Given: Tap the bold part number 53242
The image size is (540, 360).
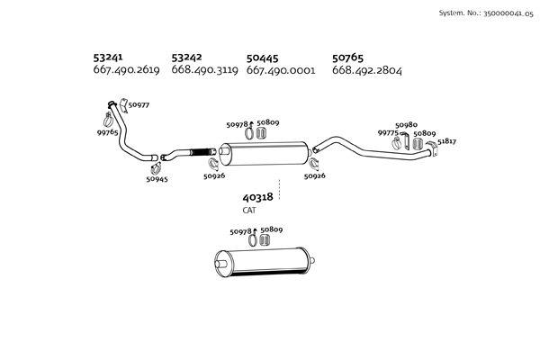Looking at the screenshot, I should pos(188,57).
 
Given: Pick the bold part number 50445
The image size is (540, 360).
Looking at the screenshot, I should pos(264,57).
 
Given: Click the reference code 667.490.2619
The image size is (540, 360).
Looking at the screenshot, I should pos(128,70).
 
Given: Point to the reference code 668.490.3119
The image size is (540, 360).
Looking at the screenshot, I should pos(203,70).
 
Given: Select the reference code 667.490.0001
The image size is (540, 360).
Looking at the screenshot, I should pos(280,70).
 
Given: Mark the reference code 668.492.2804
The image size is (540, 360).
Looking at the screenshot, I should pos(367,70).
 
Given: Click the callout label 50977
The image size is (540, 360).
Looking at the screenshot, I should pos(139,105).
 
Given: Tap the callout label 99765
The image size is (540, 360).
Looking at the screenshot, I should pos(108,132).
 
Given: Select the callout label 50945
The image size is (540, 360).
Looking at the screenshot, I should pos(157,179).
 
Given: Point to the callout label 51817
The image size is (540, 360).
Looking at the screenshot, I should pos(447,142).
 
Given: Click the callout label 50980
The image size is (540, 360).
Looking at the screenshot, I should pos(407,125).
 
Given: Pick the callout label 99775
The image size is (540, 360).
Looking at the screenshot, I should pos(388,133).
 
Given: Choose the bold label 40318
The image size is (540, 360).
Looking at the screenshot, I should pos(257,197).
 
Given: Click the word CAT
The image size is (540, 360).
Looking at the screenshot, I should pos(249,210).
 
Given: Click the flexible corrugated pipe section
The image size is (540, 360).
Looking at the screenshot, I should pos(199,150).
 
